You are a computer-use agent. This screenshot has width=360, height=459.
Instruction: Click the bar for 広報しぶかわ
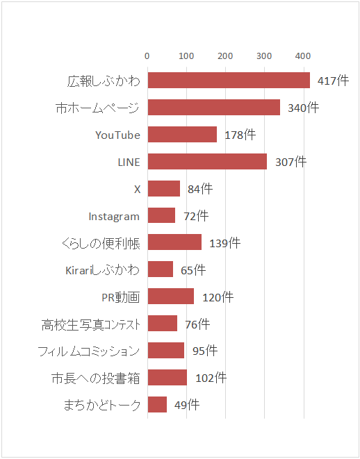229,81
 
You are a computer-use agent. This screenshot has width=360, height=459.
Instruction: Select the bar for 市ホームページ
213,108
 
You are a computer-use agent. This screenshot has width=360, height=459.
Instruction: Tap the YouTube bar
182,135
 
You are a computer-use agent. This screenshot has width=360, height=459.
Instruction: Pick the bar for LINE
207,162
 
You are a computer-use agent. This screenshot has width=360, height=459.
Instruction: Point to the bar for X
164,189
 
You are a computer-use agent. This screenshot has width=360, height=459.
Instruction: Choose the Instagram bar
161,216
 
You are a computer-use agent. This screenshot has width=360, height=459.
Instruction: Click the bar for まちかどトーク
157,405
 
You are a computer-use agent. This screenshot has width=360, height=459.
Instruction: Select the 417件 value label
333,81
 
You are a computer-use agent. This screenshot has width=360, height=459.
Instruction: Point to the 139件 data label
224,243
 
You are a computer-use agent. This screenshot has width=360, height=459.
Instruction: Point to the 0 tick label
147,56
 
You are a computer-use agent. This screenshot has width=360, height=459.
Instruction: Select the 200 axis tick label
225,56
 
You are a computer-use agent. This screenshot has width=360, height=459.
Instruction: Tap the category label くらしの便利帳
100,243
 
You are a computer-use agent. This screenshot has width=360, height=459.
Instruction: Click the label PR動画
120,297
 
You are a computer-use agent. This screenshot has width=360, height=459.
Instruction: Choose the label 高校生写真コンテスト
91,324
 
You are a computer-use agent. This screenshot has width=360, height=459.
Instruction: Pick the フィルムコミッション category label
89,351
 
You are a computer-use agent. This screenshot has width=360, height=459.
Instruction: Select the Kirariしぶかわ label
100,270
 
